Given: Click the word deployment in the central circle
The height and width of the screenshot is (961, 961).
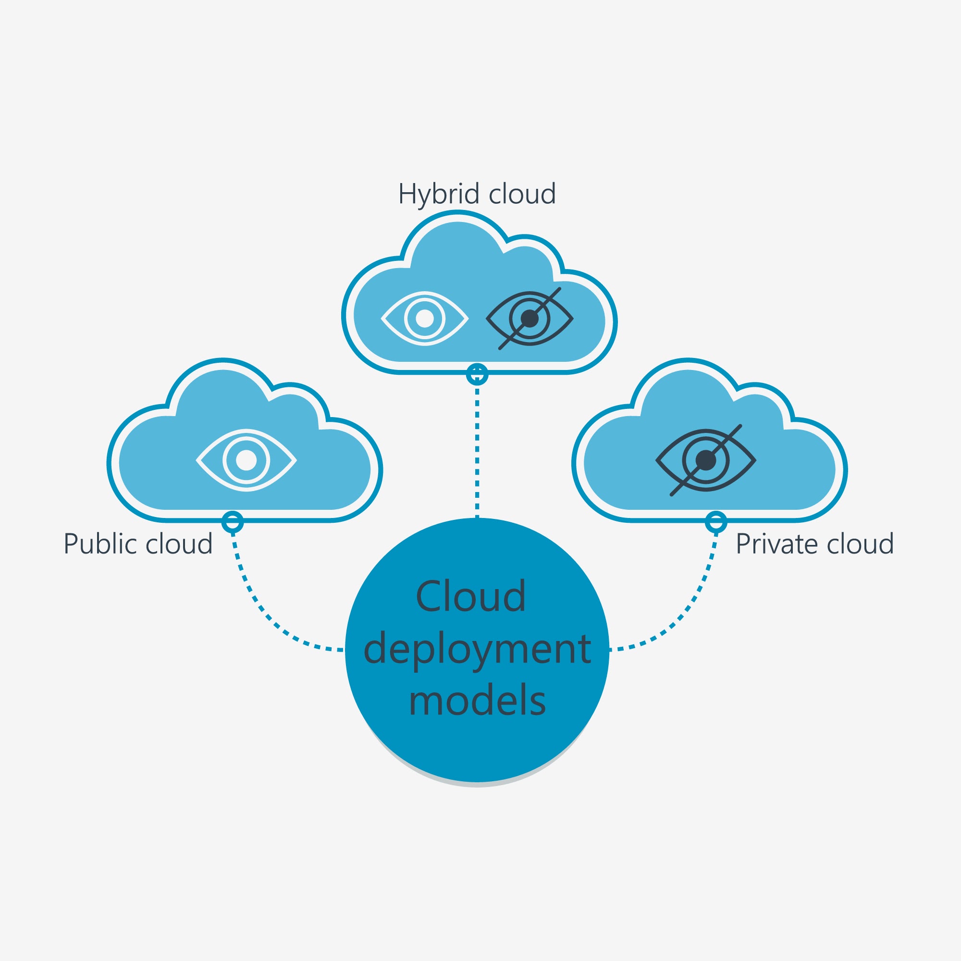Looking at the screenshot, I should tap(477, 649).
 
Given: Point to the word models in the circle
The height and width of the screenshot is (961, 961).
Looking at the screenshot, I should tap(477, 702).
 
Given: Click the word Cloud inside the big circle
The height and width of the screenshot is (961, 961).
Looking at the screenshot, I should tap(470, 596).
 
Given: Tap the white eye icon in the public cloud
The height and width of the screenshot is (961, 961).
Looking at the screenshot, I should tap(246, 460).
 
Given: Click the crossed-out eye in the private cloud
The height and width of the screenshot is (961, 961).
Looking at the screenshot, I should tap(705, 460).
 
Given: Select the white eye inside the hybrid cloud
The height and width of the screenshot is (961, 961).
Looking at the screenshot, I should tap(424, 319).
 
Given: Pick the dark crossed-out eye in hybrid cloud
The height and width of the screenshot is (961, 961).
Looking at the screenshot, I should tap(530, 319).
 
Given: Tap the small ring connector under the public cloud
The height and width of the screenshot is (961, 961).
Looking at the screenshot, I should tap(232, 522).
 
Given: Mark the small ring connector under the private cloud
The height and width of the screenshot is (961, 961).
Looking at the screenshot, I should tap(716, 522).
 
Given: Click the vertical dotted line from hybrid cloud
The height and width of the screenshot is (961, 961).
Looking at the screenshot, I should tap(477, 448).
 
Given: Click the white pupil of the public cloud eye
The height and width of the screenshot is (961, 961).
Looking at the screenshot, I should tap(246, 460).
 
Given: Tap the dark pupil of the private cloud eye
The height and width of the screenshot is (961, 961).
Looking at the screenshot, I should tap(705, 460).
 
